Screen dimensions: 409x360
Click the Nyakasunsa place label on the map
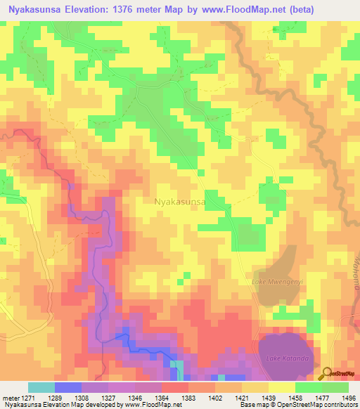(179, 202)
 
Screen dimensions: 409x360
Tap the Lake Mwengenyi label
(277, 282)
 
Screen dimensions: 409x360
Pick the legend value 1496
(348, 397)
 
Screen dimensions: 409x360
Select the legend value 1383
(189, 397)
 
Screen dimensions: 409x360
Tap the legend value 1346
(136, 397)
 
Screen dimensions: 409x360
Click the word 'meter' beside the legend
(9, 397)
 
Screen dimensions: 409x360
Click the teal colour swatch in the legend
(41, 387)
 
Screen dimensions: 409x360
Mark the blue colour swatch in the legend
(68, 387)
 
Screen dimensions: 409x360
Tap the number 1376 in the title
(138, 9)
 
